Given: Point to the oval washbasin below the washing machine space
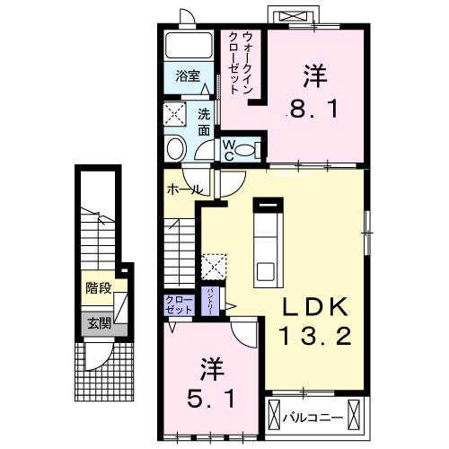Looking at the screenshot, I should (176, 148).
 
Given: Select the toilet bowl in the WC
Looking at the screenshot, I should (253, 149).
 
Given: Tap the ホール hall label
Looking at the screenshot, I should (182, 189).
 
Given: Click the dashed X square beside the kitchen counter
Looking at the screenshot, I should (214, 267).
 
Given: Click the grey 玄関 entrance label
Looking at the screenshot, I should (98, 324).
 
